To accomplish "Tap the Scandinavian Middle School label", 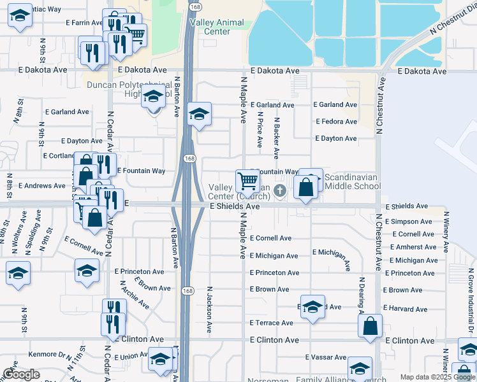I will pos(352,181).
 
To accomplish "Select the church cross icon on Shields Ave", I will pos(279,190).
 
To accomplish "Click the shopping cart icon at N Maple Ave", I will pos(247,180).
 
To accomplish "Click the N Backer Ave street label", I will pos(277,137).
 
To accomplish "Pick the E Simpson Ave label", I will pos(408,222).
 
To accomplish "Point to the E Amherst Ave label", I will pos(413,247).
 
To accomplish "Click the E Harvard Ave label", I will pos(408,309).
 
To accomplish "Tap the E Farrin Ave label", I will pos(84,22).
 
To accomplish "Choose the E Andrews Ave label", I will pos(42,186).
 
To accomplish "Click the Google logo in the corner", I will pos(21,374).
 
